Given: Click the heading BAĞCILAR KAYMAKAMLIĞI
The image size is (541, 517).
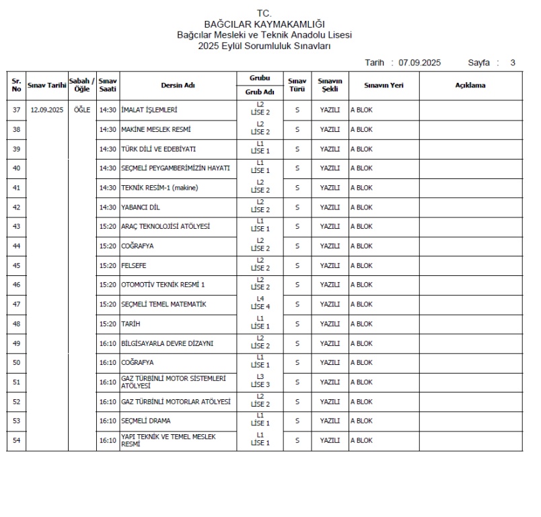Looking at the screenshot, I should point(264,24).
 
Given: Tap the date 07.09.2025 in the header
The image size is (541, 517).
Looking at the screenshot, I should point(419,63).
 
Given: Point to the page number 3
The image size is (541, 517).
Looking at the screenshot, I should point(513,63).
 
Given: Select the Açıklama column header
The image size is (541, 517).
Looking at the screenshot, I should point(470,85).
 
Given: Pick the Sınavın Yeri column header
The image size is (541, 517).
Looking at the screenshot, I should point(384,85).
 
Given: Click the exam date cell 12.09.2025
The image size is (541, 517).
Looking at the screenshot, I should point(46,110).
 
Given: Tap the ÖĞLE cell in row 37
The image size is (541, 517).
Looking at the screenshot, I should point(82,110).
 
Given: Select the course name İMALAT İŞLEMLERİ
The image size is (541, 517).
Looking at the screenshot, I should point(149,110).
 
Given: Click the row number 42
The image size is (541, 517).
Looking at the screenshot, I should point(16,207).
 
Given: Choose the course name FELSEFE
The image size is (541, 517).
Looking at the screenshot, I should point(134,266).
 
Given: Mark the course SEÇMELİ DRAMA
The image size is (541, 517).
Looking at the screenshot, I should point(145,421).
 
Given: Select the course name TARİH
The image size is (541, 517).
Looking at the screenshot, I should point(131,324).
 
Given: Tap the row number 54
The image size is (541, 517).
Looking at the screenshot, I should point(16,441).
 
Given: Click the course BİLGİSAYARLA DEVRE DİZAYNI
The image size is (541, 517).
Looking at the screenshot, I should point(167,343).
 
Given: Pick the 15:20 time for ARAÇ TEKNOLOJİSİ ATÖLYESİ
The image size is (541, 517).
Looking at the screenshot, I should point(108,227).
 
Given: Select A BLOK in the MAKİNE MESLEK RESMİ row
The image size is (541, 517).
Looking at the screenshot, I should point(361,129).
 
